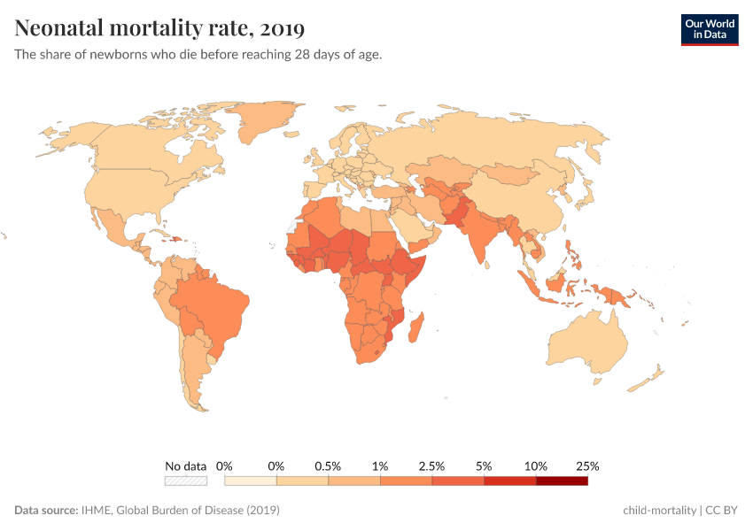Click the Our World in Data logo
pyautogui.click(x=709, y=29)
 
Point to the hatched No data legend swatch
pyautogui.click(x=185, y=481)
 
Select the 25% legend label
pyautogui.click(x=587, y=466)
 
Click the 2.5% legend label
pyautogui.click(x=432, y=466)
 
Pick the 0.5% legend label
pyautogui.click(x=328, y=466)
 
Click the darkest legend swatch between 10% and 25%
pyautogui.click(x=562, y=481)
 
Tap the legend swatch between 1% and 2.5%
pyautogui.click(x=406, y=481)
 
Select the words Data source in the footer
pyautogui.click(x=45, y=511)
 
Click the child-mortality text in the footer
pyautogui.click(x=660, y=511)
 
